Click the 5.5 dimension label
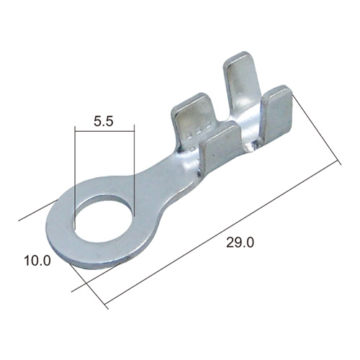[103, 122]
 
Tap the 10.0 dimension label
[37, 261]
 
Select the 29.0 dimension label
[240, 243]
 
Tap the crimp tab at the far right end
[277, 115]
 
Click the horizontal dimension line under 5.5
[104, 131]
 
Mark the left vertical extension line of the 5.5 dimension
[75, 178]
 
